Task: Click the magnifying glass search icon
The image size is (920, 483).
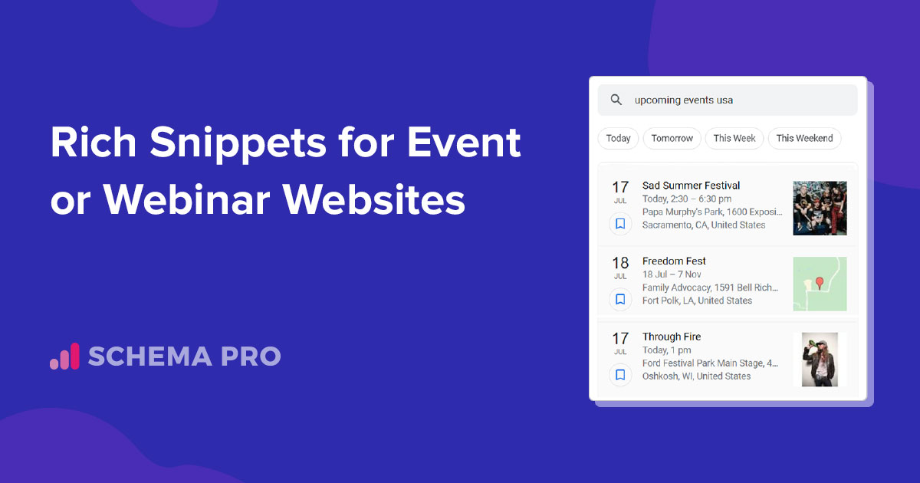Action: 616,100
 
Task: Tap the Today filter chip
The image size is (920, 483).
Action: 618,139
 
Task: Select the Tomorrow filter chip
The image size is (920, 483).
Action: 672,139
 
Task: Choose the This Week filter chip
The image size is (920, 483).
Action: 734,139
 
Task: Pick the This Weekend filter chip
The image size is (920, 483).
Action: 804,139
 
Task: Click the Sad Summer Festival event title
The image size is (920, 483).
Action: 691,186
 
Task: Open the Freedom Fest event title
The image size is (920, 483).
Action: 674,261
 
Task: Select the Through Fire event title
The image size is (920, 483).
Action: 672,337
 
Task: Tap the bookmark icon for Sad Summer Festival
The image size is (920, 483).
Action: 620,224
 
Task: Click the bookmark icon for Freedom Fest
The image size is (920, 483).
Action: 620,299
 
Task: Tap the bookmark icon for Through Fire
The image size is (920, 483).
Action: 620,375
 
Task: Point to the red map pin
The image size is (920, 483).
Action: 820,283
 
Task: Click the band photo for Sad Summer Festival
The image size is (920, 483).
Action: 820,208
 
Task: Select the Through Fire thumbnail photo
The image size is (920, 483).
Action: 820,360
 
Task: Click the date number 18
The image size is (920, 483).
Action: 620,263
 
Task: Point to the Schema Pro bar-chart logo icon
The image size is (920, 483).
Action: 64,356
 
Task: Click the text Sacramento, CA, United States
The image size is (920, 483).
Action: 704,225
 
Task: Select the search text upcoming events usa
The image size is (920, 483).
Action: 683,100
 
